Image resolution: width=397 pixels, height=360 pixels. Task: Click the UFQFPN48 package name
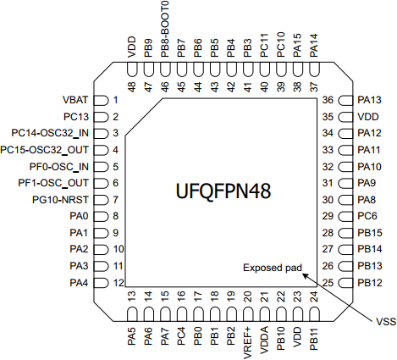(223, 191)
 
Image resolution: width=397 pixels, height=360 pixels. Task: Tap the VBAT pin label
(75, 100)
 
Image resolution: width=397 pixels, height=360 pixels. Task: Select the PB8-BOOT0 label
(164, 29)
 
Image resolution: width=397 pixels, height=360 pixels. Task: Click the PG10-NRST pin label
(60, 200)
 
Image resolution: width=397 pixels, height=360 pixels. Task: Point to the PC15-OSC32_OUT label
(44, 150)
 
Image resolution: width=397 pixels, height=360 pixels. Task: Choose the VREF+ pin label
(247, 343)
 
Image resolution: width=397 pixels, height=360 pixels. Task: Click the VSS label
(386, 322)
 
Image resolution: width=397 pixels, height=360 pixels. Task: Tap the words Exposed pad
(273, 268)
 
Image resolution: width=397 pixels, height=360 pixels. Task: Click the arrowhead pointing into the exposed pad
(306, 275)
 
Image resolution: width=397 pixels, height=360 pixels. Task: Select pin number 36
(328, 100)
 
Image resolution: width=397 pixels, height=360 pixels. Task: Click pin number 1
(115, 100)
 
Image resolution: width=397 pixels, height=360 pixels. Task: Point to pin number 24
(314, 296)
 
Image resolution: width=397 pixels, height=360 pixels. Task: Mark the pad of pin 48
(132, 69)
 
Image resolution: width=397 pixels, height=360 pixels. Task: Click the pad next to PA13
(345, 101)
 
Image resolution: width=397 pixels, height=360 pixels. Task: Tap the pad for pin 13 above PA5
(132, 314)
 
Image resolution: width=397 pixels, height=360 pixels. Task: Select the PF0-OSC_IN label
(59, 167)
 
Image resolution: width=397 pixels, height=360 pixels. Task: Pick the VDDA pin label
(264, 340)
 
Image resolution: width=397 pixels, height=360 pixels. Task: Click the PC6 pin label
(367, 216)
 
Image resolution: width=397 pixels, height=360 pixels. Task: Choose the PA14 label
(314, 46)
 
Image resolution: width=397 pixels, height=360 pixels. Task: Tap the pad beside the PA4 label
(101, 283)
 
